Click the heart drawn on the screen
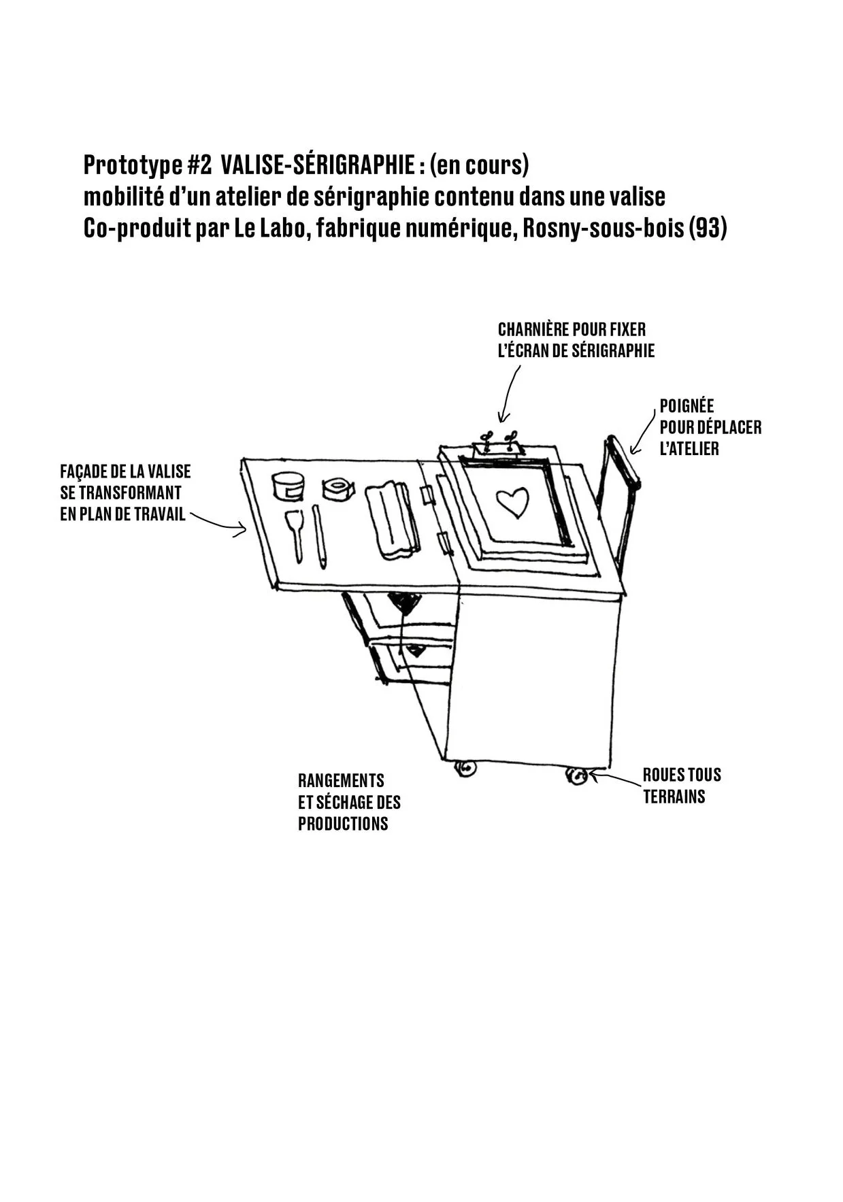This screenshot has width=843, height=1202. (x=512, y=502)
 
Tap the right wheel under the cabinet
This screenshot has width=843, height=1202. (x=577, y=775)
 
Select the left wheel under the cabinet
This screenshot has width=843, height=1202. (x=465, y=769)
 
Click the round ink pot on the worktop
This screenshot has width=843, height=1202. (x=288, y=486)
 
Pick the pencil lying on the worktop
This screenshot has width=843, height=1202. (x=319, y=537)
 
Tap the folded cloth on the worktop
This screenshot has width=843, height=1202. (x=391, y=520)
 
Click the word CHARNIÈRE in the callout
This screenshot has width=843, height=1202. (x=533, y=330)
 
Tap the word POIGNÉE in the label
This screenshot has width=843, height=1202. (x=687, y=406)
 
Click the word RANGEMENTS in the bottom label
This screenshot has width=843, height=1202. (x=341, y=780)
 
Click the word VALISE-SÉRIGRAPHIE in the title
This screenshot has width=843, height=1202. (x=319, y=165)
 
